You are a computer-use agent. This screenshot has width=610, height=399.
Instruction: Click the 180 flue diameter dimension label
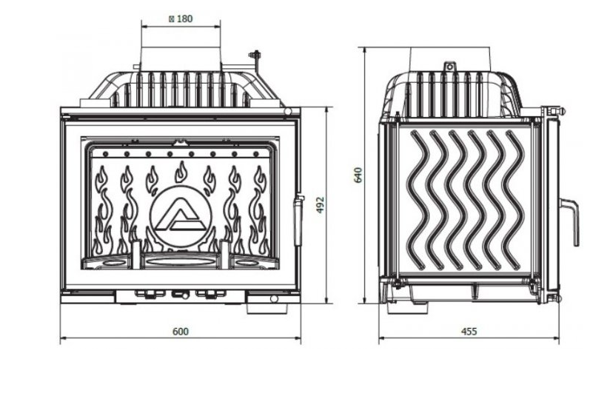pos(181,19)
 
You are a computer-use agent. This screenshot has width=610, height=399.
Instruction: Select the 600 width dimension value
pos(181,332)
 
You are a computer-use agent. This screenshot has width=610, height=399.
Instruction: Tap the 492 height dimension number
pos(320,205)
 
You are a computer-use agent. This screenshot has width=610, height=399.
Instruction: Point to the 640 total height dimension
pos(358,175)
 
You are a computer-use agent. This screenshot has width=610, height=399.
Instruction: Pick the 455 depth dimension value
pos(469,332)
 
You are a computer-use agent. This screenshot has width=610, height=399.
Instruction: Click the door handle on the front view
pos(298,220)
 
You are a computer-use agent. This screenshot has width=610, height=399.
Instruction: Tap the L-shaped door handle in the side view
pos(570,221)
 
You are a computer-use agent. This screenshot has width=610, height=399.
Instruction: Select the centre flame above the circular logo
pos(181,172)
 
